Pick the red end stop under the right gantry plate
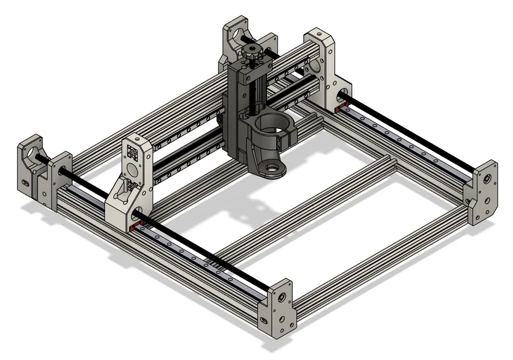click(x=340, y=108)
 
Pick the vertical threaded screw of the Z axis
click(x=252, y=92)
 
